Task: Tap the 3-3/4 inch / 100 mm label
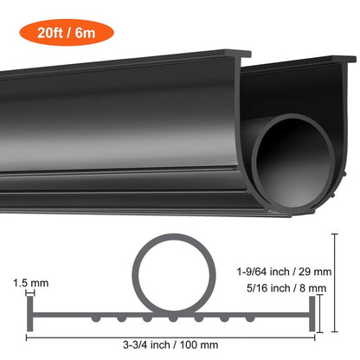click(x=174, y=344)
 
